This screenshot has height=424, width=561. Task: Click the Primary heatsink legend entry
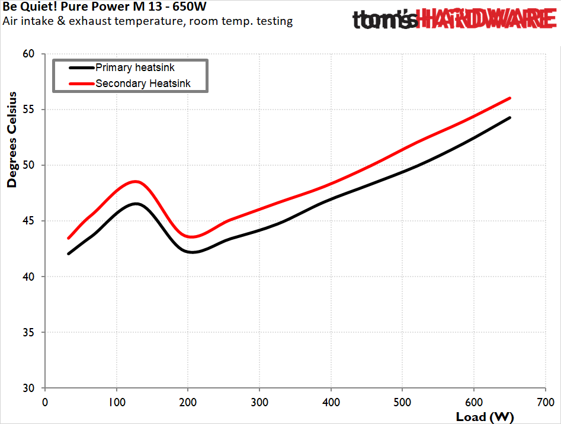click(134, 68)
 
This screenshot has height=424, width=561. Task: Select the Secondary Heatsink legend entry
click(143, 83)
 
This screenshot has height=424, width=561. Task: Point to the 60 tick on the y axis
click(29, 54)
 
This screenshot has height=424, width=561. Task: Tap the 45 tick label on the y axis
click(29, 221)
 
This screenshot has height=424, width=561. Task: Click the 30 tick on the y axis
click(29, 388)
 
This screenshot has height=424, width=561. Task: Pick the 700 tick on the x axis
click(545, 401)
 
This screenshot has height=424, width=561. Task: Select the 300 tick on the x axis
click(259, 401)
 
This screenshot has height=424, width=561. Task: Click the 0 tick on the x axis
click(45, 401)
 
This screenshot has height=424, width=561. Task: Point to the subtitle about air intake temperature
click(148, 22)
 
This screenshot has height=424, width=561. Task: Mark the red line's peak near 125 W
click(135, 181)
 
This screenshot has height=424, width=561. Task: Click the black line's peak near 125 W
click(136, 204)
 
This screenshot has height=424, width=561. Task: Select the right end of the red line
click(509, 98)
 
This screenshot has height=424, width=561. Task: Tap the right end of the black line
click(509, 118)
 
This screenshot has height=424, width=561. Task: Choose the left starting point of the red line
click(69, 238)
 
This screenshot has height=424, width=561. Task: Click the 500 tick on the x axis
click(402, 401)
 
